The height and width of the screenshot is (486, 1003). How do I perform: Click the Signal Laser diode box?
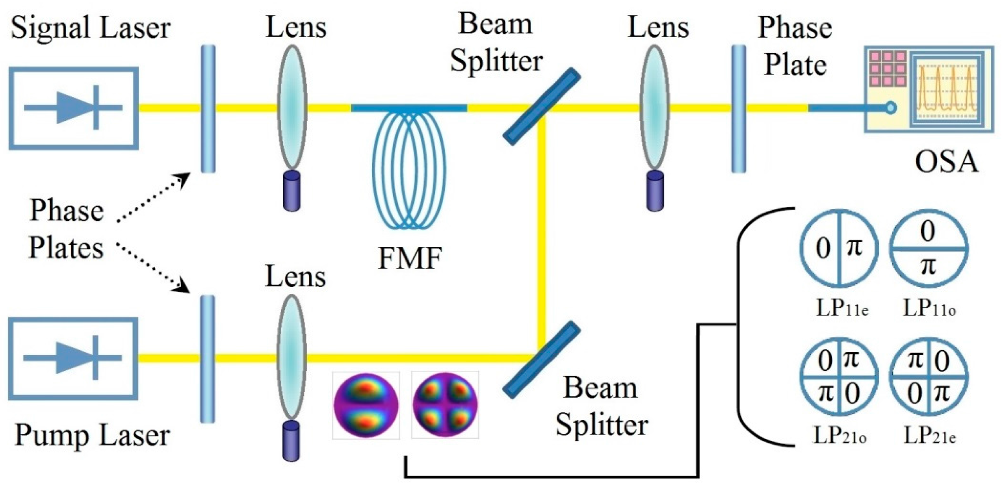[74, 108]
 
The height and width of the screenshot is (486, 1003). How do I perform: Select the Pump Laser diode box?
[73, 358]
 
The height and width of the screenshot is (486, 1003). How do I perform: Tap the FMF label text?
[410, 258]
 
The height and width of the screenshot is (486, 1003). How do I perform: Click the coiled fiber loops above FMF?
[409, 169]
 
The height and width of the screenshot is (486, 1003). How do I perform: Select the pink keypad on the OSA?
[887, 69]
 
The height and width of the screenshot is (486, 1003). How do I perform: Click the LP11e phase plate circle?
[839, 248]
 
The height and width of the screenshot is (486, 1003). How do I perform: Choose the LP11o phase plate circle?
[928, 248]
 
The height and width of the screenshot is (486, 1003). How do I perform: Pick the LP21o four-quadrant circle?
[839, 377]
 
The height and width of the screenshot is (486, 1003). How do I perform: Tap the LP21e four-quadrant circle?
[929, 377]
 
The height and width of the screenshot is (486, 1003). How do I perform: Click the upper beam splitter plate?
[542, 106]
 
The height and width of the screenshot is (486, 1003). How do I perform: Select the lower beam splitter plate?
[542, 360]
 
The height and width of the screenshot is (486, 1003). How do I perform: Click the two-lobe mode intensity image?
[366, 405]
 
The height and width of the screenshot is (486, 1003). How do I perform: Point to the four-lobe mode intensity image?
[445, 405]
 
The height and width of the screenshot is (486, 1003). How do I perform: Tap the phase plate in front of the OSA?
[739, 108]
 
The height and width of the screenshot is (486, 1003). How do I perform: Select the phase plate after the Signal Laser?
[208, 108]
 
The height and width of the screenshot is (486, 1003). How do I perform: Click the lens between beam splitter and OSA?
[654, 107]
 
